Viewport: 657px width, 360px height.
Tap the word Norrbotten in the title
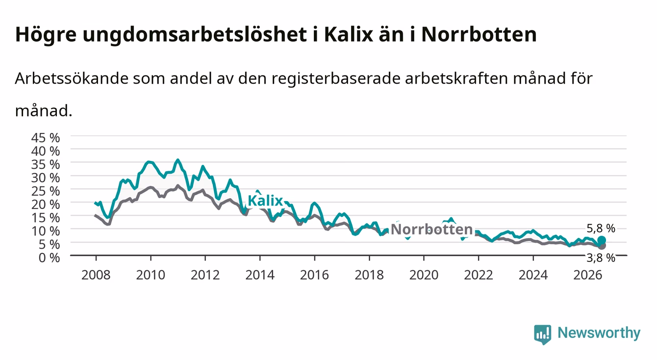pyautogui.click(x=479, y=34)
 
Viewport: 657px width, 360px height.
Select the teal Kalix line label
pyautogui.click(x=265, y=201)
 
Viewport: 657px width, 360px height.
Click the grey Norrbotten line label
pyautogui.click(x=432, y=230)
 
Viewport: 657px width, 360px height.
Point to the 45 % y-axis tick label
pyautogui.click(x=46, y=138)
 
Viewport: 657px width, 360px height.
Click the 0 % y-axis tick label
pyautogui.click(x=49, y=257)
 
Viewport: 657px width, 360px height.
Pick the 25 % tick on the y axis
pyautogui.click(x=46, y=191)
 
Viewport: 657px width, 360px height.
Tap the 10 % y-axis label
pyautogui.click(x=46, y=231)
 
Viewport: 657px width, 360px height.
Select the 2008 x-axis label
pyautogui.click(x=96, y=275)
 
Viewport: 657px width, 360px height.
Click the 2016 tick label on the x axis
pyautogui.click(x=314, y=275)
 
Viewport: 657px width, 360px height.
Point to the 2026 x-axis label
pyautogui.click(x=588, y=275)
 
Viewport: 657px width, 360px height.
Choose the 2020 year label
pyautogui.click(x=424, y=275)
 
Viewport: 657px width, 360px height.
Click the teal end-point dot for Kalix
pyautogui.click(x=602, y=240)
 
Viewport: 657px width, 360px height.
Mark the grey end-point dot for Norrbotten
pyautogui.click(x=602, y=246)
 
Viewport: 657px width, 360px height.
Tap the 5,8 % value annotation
pyautogui.click(x=601, y=228)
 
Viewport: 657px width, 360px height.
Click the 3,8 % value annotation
pyautogui.click(x=601, y=258)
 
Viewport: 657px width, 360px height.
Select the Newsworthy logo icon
pyautogui.click(x=543, y=334)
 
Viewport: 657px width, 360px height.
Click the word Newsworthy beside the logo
pyautogui.click(x=599, y=333)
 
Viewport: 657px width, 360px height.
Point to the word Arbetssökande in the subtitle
pyautogui.click(x=72, y=78)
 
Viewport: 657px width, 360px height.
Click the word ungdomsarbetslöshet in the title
pyautogui.click(x=195, y=35)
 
